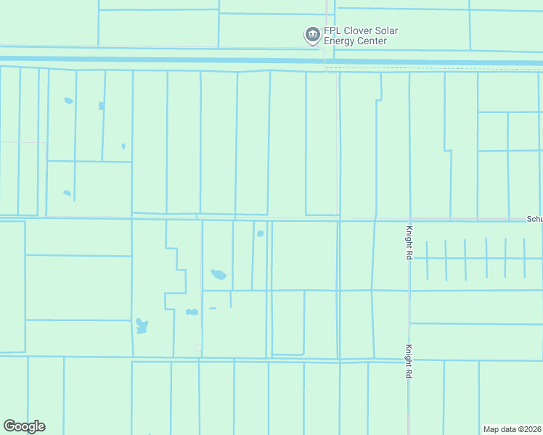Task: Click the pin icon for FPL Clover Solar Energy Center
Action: pos(312,35)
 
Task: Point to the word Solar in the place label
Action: pos(388,31)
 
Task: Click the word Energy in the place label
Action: pos(341,41)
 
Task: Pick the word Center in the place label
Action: pos(372,41)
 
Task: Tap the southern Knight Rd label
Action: pos(409,360)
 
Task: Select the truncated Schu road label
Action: pos(534,218)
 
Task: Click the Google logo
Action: pos(24,426)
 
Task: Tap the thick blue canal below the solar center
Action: pos(218,61)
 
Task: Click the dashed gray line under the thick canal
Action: pos(436,68)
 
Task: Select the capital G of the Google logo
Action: pos(9,426)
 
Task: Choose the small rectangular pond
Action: pos(101,106)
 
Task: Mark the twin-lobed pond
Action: pos(192,312)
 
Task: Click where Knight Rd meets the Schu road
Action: pos(410,218)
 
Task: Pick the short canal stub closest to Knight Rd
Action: pos(427,260)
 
